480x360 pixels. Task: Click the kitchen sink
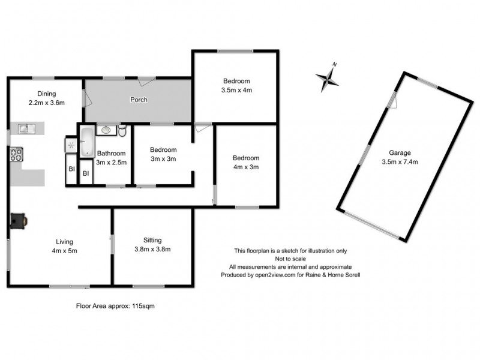pos(26,128)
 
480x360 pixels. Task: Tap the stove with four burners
pos(16,155)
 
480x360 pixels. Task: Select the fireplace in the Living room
pos(19,220)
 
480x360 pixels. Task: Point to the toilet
pos(122,131)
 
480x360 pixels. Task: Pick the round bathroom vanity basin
pos(106,129)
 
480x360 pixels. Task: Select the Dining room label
pos(47,94)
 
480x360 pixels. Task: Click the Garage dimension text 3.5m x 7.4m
pos(399,161)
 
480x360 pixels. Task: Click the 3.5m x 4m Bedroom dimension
pos(236,90)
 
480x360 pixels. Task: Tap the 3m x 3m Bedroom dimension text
pos(163,159)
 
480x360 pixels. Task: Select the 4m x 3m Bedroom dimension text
pos(245,167)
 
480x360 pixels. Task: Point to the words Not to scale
pos(290,259)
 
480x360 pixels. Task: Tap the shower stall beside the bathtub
pos(71,145)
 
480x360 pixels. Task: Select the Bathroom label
pos(112,154)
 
